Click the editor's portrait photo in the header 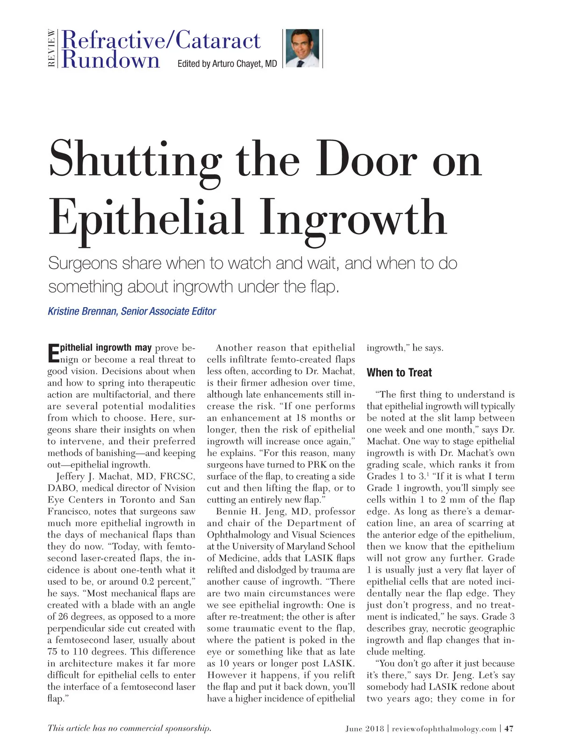click(x=302, y=48)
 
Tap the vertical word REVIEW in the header click(x=51, y=48)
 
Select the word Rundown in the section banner click(x=111, y=60)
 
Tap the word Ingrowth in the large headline click(x=353, y=218)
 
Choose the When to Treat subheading click(x=399, y=373)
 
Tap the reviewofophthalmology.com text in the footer click(x=444, y=729)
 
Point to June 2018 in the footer click(x=365, y=729)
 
